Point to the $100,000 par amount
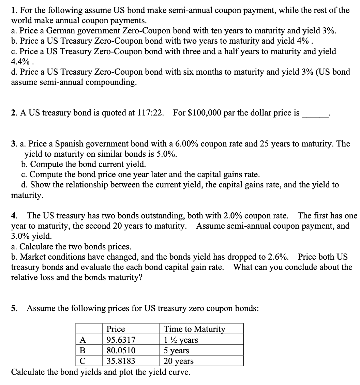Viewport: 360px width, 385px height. (x=205, y=113)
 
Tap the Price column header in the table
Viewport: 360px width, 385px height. (x=116, y=329)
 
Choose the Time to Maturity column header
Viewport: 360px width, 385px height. (x=195, y=329)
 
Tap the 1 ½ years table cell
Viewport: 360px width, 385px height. (x=181, y=340)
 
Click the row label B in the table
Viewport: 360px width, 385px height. (x=82, y=350)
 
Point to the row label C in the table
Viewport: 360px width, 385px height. (x=82, y=361)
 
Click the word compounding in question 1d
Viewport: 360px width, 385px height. (x=108, y=82)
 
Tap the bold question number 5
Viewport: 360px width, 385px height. (x=14, y=309)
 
